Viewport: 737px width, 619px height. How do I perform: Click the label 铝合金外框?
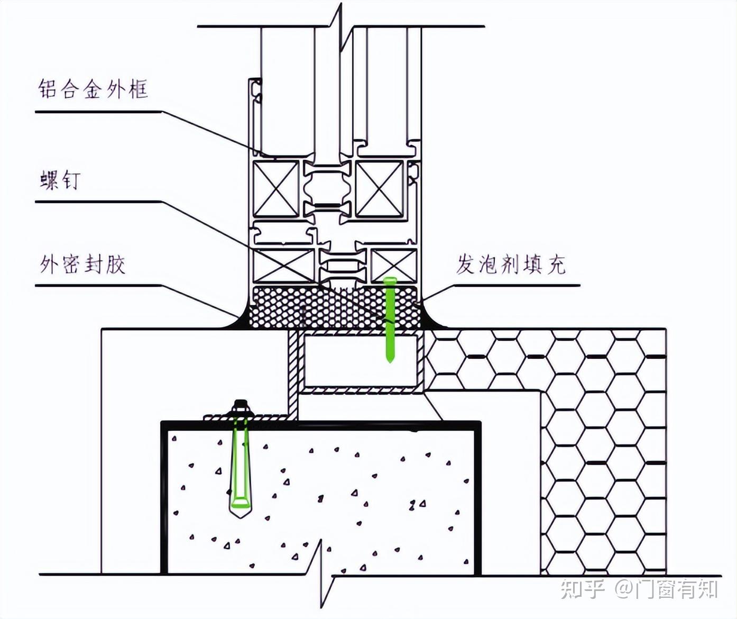[93, 89]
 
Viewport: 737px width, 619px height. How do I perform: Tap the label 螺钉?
[60, 180]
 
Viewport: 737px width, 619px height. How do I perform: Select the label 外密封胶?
[82, 264]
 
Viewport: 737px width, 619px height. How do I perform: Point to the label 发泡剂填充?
[511, 264]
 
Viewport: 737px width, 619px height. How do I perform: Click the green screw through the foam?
[390, 317]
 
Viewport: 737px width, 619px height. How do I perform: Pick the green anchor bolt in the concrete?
[240, 466]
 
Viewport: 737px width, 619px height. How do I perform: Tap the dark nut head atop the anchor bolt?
[241, 407]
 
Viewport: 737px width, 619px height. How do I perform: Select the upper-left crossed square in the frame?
[275, 189]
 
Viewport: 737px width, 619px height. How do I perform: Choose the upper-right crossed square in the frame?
[379, 189]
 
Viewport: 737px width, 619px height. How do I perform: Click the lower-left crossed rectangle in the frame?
[284, 265]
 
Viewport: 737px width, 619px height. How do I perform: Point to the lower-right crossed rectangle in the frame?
[393, 265]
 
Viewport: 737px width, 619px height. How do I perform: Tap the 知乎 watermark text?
[582, 588]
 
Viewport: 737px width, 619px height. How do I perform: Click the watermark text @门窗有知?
[666, 588]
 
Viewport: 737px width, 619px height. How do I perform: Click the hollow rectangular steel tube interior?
[362, 360]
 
